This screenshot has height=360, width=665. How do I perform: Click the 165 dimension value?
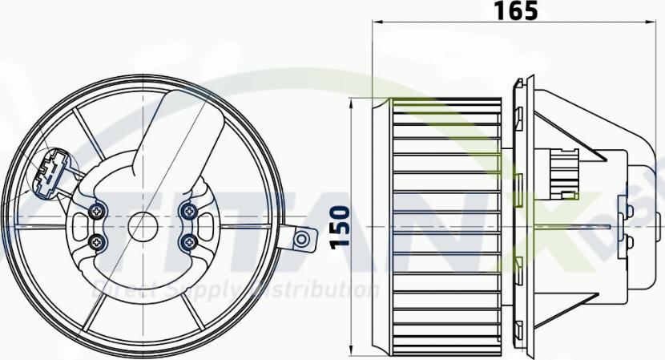coord(516,11)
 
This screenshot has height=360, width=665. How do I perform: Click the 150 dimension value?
coord(339,227)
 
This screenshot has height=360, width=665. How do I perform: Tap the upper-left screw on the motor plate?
coord(98,211)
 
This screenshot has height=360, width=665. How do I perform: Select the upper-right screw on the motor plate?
coord(189,211)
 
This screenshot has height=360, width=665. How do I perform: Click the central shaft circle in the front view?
coord(143,225)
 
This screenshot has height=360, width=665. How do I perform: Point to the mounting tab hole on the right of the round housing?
coord(302,239)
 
